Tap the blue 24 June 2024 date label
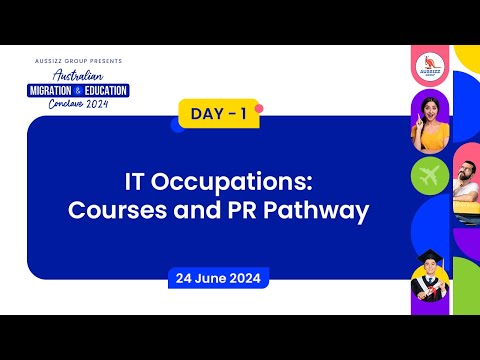point(218,278)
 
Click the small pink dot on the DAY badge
point(258,107)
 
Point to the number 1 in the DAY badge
point(241,115)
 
